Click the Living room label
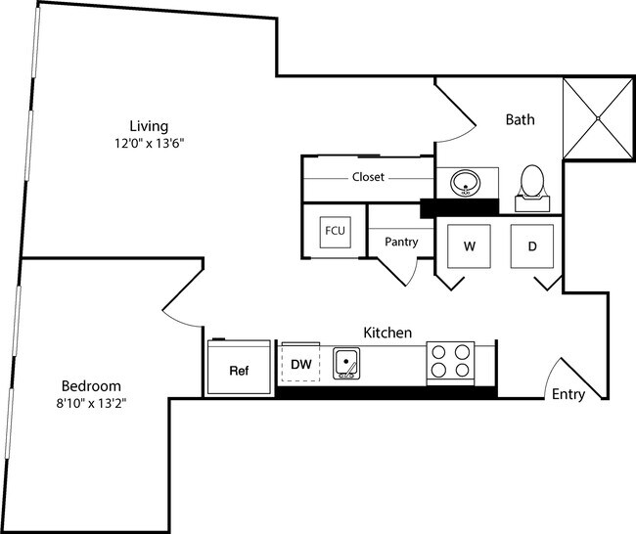[x=149, y=126]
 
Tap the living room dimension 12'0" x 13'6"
[x=149, y=143]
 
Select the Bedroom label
[x=90, y=384]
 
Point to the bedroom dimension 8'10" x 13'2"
[x=90, y=401]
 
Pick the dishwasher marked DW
[x=301, y=365]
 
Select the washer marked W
[x=470, y=246]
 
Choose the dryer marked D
[x=532, y=246]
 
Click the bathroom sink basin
[x=466, y=183]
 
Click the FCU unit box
[x=333, y=232]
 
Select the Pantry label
[x=401, y=242]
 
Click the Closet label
[x=368, y=178]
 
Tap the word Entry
[x=568, y=395]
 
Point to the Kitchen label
[x=387, y=333]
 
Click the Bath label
[x=520, y=120]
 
